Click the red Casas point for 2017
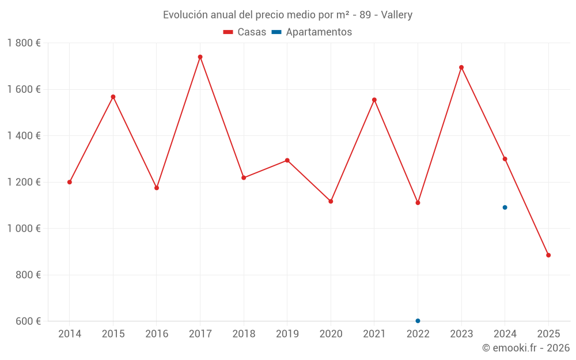coord(200,57)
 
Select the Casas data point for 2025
coord(548,255)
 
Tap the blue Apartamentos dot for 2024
coord(505,207)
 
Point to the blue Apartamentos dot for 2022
coord(418,321)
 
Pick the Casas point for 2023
coord(461,67)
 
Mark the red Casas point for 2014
coord(70,182)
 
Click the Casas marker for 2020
coord(331,201)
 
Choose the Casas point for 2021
coord(374,100)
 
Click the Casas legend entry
coord(245,32)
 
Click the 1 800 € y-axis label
coord(24,43)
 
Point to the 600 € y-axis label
coord(28,321)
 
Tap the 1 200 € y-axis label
coord(24,182)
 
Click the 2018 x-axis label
coord(244,334)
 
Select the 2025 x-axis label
coord(548,334)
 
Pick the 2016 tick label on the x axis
coord(157,334)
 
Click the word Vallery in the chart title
coord(397,15)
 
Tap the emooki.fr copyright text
coord(526,348)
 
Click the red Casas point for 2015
coord(113,97)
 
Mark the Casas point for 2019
coord(287,160)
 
